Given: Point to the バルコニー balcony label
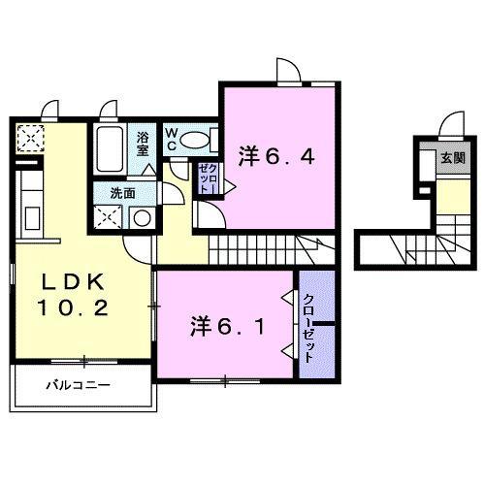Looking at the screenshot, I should (79, 386).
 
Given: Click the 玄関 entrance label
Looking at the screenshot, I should (452, 157).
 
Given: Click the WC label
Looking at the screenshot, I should (171, 140).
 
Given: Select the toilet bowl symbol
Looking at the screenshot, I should (197, 139).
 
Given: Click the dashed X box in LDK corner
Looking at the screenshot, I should (30, 139).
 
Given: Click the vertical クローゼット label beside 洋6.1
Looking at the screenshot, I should (308, 328).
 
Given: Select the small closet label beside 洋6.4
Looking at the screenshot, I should (210, 178).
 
